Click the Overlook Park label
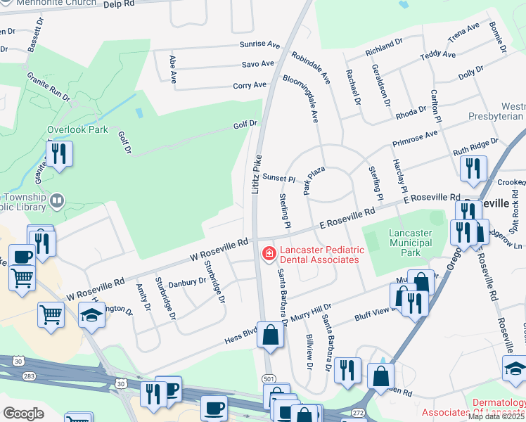point(77,130)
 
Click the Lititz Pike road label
point(257,174)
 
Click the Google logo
point(23,414)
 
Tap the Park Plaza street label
point(311,181)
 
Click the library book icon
point(57,202)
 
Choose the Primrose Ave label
point(415,139)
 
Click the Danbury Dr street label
point(187,281)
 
